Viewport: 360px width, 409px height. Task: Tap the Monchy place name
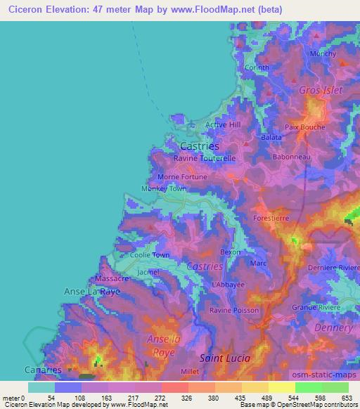click(323, 53)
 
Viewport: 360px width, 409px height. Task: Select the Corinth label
click(257, 67)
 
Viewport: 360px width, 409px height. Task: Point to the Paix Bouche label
click(305, 127)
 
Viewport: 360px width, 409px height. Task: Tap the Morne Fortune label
click(183, 177)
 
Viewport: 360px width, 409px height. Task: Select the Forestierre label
click(271, 218)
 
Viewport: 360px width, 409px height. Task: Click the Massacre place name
click(112, 278)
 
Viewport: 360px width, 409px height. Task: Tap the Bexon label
click(230, 252)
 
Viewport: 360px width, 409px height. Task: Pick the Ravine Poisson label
click(234, 310)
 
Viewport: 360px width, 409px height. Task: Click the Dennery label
click(330, 328)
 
